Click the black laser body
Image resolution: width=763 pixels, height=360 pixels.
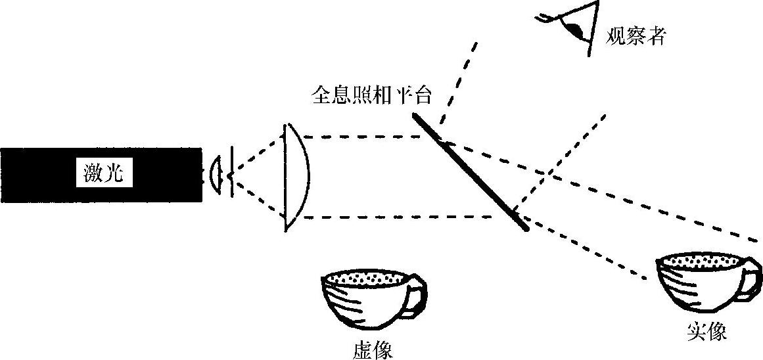click(39, 175)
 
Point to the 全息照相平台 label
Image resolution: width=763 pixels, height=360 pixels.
click(371, 96)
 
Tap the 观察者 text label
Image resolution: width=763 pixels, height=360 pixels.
click(636, 35)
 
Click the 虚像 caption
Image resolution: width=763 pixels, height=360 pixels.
click(373, 349)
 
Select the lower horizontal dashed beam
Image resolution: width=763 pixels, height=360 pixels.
click(394, 217)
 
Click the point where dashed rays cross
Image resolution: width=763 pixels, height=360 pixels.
click(547, 172)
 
